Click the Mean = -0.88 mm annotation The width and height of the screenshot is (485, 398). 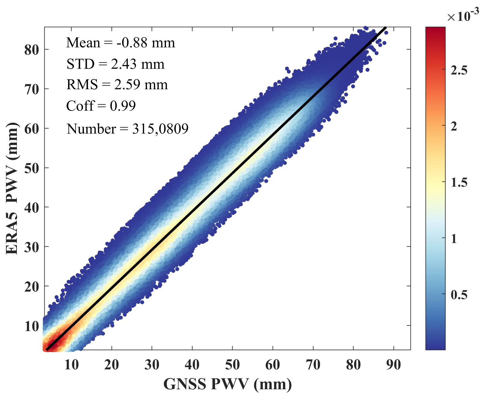coord(120,43)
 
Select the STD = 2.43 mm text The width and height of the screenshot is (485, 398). coord(115,64)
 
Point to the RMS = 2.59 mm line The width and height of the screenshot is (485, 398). coord(117,85)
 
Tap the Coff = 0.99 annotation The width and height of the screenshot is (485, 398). coord(101,106)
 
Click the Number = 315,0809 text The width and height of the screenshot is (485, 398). coord(127,129)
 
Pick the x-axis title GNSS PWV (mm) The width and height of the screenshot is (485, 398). coord(227,384)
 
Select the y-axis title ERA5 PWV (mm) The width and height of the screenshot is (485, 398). coord(12,188)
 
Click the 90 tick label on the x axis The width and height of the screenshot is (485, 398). coord(393,365)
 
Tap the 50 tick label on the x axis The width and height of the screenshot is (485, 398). coord(232,365)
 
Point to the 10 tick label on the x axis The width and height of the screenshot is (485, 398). coord(71,365)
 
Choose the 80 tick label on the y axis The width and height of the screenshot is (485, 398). coord(31,50)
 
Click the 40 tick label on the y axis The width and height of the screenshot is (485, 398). coord(31,208)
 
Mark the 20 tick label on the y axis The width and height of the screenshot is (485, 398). coord(31,287)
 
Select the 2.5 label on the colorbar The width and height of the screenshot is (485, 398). coord(459,70)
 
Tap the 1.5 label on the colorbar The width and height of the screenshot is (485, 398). coord(459,182)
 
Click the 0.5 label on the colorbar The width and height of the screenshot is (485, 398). coord(459,295)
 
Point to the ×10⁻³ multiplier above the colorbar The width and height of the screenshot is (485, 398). coord(463,16)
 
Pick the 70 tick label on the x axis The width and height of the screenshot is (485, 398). coord(313,365)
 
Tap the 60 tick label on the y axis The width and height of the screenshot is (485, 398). coord(31,129)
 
